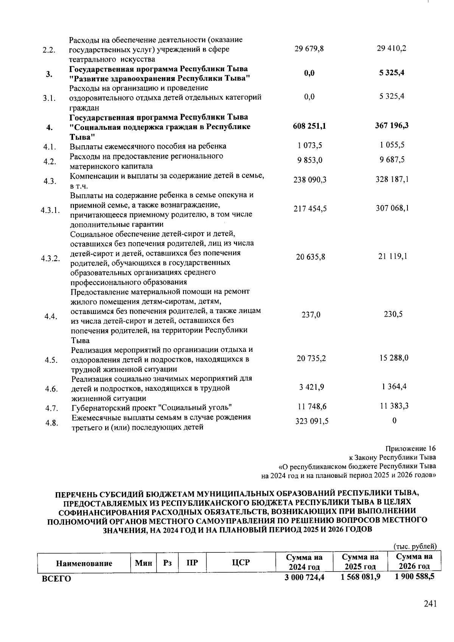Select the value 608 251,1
[x=309, y=126]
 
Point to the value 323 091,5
[x=311, y=421]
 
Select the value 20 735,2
[x=311, y=358]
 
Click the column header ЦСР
[x=241, y=563]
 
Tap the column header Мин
[x=143, y=563]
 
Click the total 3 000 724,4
[x=305, y=577]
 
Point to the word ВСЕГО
[x=56, y=579]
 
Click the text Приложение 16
[x=410, y=449]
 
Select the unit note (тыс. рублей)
[x=415, y=546]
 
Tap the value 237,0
[x=311, y=314]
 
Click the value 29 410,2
[x=392, y=48]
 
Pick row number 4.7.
[x=51, y=408]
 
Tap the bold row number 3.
[x=49, y=74]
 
